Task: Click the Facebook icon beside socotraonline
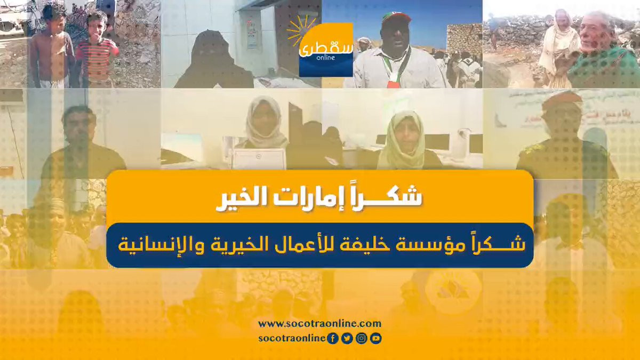pyautogui.click(x=333, y=339)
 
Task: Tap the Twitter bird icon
pyautogui.click(x=347, y=339)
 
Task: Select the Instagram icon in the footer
pyautogui.click(x=362, y=339)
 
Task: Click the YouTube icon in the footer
pyautogui.click(x=375, y=339)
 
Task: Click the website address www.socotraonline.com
pyautogui.click(x=319, y=324)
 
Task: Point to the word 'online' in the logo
pyautogui.click(x=326, y=58)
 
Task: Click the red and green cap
pyautogui.click(x=397, y=17)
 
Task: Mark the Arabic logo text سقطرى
pyautogui.click(x=326, y=49)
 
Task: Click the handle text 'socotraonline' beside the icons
pyautogui.click(x=292, y=339)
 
